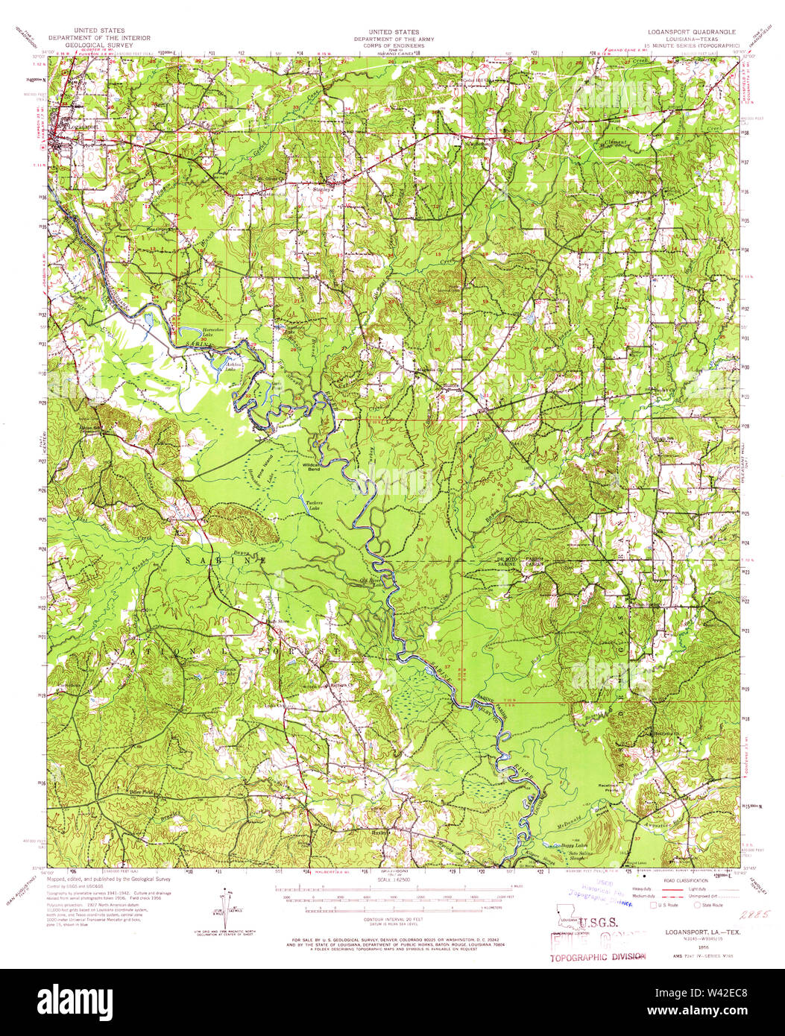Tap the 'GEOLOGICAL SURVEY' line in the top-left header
pyautogui.click(x=99, y=44)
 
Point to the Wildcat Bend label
pyautogui.click(x=311, y=466)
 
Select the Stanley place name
pyautogui.click(x=322, y=189)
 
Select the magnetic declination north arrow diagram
pyautogui.click(x=224, y=903)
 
